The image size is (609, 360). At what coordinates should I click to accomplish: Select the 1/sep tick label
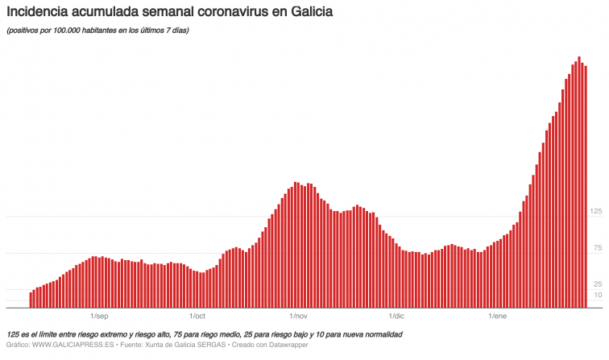[99, 316]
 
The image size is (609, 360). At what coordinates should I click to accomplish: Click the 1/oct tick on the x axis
[197, 316]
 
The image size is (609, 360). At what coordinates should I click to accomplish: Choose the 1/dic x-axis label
[396, 316]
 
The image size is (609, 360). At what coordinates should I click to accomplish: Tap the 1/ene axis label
[498, 316]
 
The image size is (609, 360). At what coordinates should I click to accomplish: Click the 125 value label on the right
[597, 211]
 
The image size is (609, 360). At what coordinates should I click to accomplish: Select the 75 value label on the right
[599, 248]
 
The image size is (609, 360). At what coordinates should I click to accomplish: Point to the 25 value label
[599, 284]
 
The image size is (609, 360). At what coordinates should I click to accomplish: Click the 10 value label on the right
[599, 296]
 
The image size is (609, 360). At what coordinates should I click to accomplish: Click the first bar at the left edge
[31, 300]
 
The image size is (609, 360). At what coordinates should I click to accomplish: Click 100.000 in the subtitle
[65, 31]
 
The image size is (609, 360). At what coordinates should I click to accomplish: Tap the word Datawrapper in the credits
[286, 345]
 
